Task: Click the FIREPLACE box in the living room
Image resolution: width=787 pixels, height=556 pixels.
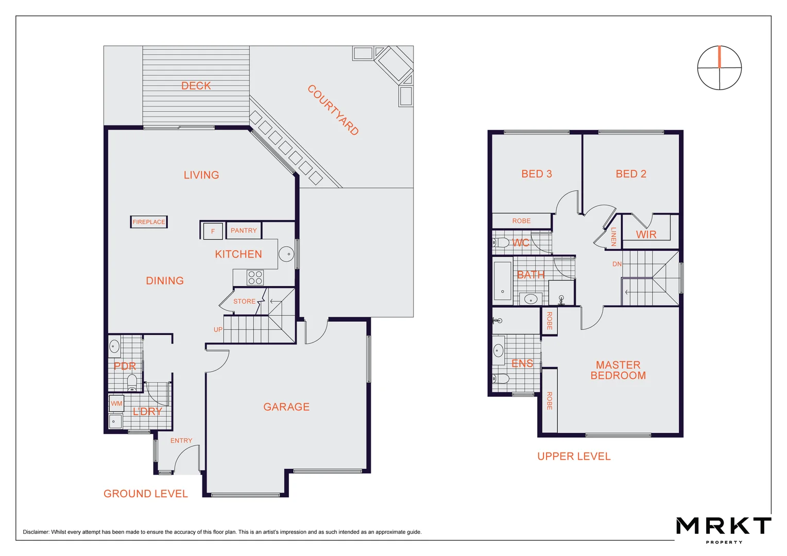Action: click(149, 222)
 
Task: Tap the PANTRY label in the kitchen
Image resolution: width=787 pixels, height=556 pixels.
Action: click(244, 231)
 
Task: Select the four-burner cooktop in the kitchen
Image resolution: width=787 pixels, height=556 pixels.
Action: click(255, 277)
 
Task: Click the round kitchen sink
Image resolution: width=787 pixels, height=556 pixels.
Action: click(286, 254)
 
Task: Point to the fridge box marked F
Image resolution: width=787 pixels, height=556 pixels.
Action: click(213, 231)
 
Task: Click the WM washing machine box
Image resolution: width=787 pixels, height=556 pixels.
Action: click(116, 404)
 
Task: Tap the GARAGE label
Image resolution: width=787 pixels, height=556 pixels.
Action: click(286, 407)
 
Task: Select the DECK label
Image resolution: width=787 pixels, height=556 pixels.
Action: click(196, 86)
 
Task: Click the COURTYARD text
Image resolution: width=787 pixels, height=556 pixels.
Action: click(333, 110)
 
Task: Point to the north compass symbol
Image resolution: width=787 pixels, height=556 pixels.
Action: click(719, 68)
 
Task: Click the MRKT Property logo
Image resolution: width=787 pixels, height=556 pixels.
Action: click(723, 528)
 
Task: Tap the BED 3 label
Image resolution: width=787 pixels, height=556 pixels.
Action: click(536, 174)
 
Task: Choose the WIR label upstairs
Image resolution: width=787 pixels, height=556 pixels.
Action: click(646, 235)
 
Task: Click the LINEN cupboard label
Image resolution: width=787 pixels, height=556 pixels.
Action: click(613, 237)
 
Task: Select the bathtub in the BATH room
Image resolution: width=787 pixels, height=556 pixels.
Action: click(502, 281)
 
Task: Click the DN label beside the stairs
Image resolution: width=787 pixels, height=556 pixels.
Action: click(617, 264)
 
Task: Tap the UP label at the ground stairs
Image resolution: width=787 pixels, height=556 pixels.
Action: click(218, 329)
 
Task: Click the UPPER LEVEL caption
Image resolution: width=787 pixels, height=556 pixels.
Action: click(574, 457)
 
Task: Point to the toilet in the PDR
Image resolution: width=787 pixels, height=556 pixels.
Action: click(132, 381)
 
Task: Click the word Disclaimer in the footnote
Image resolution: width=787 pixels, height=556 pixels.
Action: click(36, 532)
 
